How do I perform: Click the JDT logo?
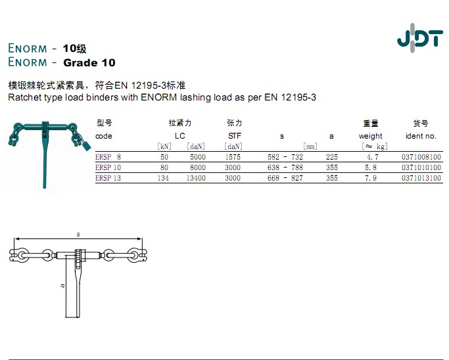coord(420,38)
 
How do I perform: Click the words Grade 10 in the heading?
coord(89,62)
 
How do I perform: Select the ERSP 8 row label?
coord(108,157)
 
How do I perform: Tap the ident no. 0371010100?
coord(421,168)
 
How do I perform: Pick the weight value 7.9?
coord(371,178)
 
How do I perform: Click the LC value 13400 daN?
coord(196,178)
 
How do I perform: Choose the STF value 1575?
coord(233,157)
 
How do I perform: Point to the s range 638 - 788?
coord(285,168)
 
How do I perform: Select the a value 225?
coord(331,157)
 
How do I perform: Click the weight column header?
coord(370,136)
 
